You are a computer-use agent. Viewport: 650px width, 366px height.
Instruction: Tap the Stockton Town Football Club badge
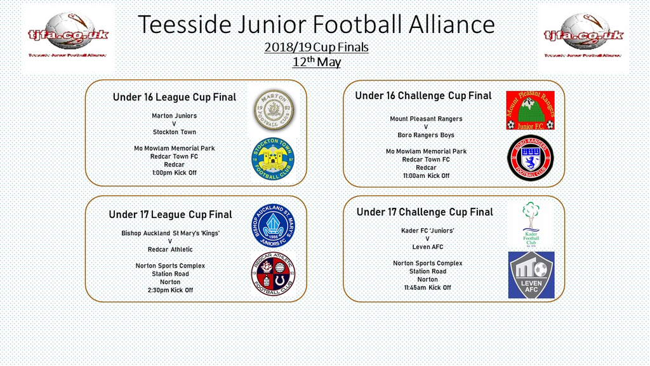pos(273,159)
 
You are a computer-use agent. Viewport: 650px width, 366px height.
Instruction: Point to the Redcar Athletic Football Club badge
pos(273,273)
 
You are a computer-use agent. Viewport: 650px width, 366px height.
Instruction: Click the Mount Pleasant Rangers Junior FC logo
pos(530,111)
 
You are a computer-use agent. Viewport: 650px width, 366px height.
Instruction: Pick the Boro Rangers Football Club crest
pos(530,158)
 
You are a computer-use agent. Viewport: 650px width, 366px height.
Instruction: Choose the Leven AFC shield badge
pos(531,275)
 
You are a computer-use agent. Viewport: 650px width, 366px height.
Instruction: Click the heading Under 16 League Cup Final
pos(175,97)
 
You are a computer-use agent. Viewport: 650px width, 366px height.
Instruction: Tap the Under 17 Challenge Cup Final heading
pos(425,212)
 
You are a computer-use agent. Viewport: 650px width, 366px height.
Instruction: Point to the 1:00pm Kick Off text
pos(175,173)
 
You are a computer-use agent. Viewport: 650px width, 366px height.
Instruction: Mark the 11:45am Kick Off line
pos(427,288)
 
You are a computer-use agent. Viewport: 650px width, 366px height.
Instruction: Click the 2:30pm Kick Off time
pos(170,290)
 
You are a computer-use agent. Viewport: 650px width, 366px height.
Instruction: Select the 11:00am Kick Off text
pos(426,176)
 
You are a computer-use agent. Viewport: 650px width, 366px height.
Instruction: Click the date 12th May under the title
pos(316,62)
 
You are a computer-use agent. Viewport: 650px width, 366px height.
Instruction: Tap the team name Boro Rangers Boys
pos(426,135)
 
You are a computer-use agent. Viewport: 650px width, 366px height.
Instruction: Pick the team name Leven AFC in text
pos(427,247)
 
